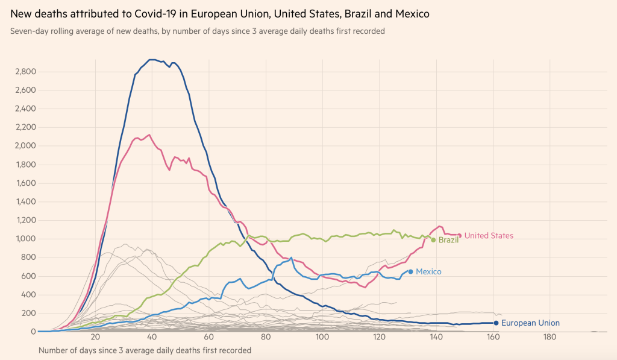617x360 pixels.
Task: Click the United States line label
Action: tap(489, 236)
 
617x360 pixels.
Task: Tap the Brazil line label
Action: tap(449, 240)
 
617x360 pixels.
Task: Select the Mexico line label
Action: tap(428, 272)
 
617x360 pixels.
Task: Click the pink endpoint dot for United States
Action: tap(459, 236)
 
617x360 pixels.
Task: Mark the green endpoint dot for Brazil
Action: tap(433, 240)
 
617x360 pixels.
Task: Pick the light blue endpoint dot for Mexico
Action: tap(411, 271)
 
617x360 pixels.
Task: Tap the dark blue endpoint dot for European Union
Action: tap(496, 323)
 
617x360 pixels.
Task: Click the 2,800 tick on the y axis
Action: tap(25, 72)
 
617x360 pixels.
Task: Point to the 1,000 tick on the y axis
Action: tap(25, 239)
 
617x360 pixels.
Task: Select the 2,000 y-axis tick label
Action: tap(25, 146)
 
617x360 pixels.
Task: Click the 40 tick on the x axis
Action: tap(151, 338)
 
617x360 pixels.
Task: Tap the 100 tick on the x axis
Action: tap(322, 338)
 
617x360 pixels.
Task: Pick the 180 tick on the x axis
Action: tap(549, 338)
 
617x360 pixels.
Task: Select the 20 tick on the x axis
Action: tap(95, 338)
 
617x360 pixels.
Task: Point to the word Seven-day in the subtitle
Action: tap(28, 31)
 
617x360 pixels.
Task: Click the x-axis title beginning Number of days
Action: tap(145, 350)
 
